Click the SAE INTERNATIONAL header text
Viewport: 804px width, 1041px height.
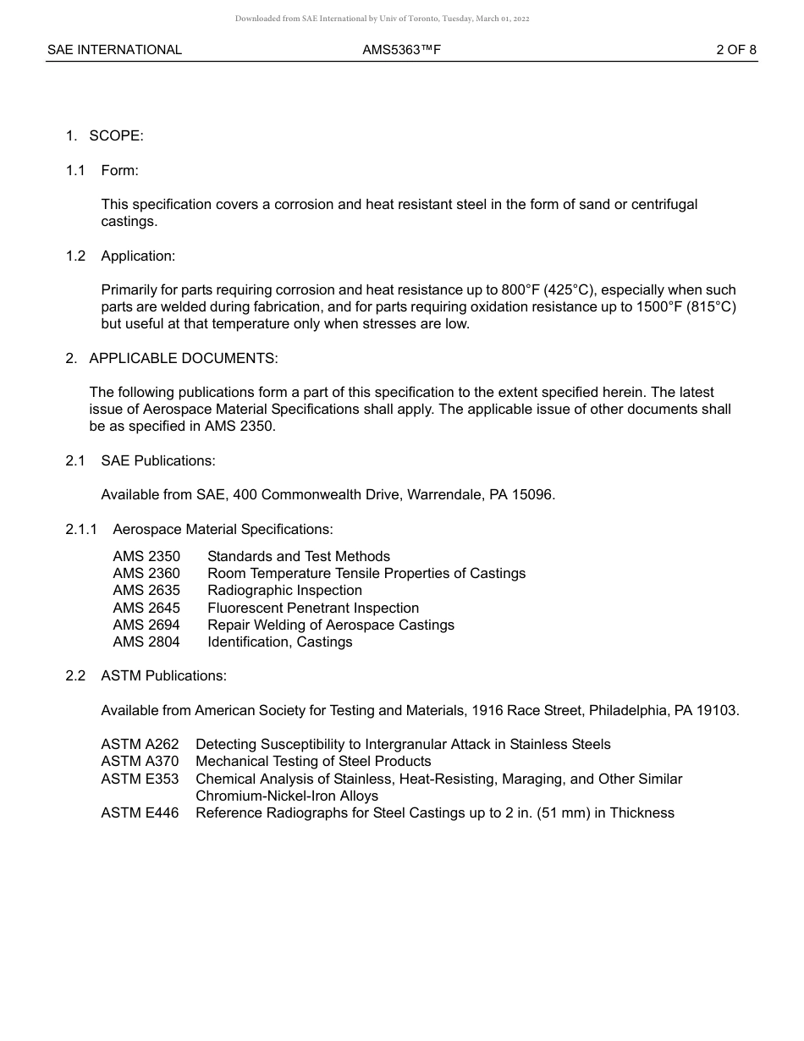coord(114,50)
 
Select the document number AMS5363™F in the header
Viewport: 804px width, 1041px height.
coord(402,50)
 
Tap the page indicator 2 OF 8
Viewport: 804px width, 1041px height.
coord(735,50)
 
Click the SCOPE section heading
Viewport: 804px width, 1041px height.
coord(116,135)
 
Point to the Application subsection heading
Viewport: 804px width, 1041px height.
coord(138,256)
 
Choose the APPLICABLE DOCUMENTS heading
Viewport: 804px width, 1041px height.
coord(183,358)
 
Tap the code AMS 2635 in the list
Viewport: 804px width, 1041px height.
coord(146,591)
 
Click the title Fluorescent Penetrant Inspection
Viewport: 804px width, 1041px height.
coord(313,608)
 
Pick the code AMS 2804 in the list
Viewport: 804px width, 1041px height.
coord(146,642)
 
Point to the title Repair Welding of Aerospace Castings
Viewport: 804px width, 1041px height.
coord(331,625)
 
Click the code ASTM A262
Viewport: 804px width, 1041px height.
coord(140,744)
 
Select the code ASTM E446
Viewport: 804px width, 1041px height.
coord(140,812)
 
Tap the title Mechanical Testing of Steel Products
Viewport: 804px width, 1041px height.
coord(313,761)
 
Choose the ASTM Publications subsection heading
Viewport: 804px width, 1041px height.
coord(163,675)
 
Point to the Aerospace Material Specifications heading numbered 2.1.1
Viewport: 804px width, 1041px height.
coord(223,529)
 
